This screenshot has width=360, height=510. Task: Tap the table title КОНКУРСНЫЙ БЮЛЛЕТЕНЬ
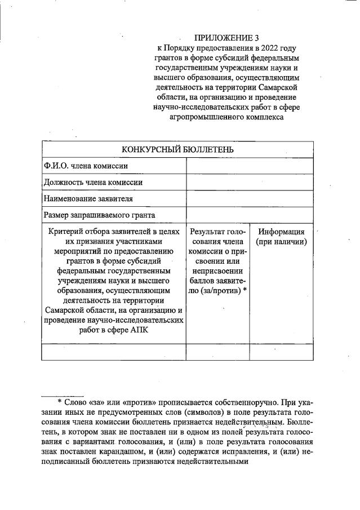pyautogui.click(x=177, y=149)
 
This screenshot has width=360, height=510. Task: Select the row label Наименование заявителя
pyautogui.click(x=88, y=198)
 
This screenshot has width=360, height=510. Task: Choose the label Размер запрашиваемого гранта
pyautogui.click(x=99, y=215)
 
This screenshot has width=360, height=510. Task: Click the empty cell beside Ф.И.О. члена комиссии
pyautogui.click(x=249, y=166)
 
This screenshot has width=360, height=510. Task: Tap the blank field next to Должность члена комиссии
pyautogui.click(x=249, y=182)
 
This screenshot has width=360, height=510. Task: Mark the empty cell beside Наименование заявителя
pyautogui.click(x=249, y=198)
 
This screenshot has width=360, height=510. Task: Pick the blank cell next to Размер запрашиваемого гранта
pyautogui.click(x=249, y=215)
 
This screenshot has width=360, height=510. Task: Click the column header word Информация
pyautogui.click(x=281, y=232)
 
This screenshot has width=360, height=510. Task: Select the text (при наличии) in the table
pyautogui.click(x=281, y=242)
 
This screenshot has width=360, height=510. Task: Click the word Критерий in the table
pyautogui.click(x=66, y=232)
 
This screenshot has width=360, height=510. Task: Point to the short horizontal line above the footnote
pyautogui.click(x=63, y=394)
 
